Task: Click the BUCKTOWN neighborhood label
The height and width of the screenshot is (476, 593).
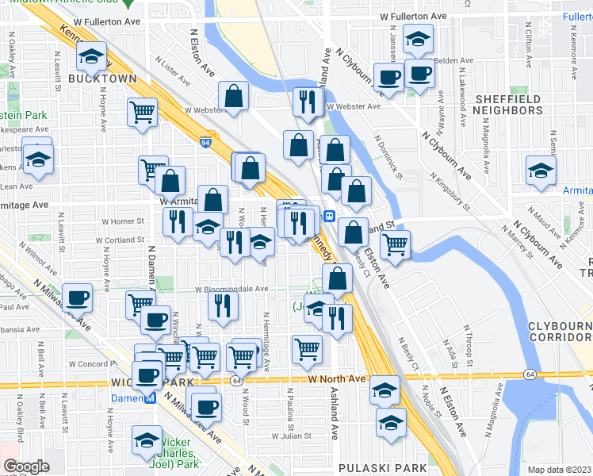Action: click(102, 79)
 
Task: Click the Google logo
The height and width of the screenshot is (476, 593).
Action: click(26, 466)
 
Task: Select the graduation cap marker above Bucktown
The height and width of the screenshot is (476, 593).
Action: click(92, 56)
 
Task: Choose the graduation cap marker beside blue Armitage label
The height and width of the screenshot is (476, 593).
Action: click(541, 171)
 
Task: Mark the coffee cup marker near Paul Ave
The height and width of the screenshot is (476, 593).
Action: click(77, 297)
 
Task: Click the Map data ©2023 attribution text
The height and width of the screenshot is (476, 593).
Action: click(559, 470)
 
